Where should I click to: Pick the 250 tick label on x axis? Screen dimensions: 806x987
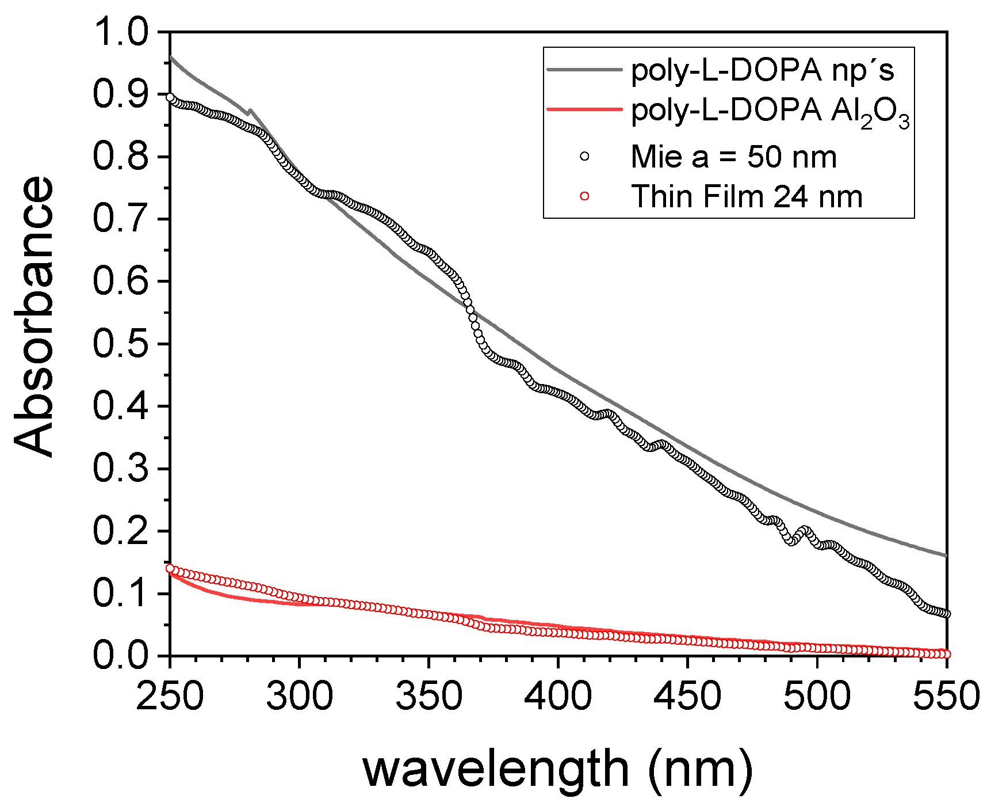point(170,696)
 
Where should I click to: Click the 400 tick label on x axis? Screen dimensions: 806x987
point(558,696)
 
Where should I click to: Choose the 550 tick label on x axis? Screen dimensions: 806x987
point(947,696)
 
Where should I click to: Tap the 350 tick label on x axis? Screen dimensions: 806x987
point(429,696)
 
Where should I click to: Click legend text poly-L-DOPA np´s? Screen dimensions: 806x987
point(763,70)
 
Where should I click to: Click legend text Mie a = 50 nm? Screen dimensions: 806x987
point(733,157)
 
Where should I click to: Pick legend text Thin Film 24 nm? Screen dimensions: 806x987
point(747,196)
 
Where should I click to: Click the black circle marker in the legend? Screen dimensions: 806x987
point(584,157)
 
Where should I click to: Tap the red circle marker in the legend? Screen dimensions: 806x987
point(584,196)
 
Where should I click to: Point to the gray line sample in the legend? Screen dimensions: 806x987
point(584,69)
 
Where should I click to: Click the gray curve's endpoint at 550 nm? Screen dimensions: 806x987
point(946,556)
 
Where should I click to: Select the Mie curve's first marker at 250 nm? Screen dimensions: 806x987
point(170,97)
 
